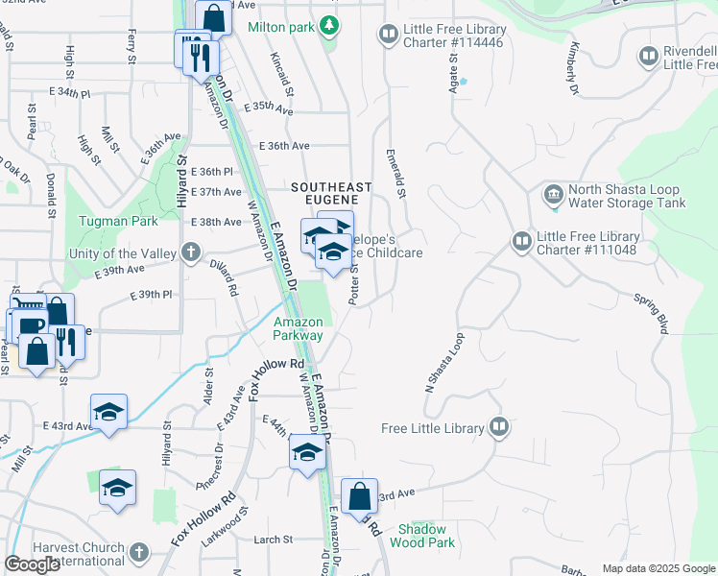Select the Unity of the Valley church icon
click(x=191, y=253)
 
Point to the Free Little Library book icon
click(x=498, y=427)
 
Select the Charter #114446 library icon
click(x=388, y=36)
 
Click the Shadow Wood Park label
click(x=423, y=536)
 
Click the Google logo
click(x=34, y=564)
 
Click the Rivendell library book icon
click(x=649, y=58)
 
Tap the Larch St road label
click(x=273, y=540)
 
